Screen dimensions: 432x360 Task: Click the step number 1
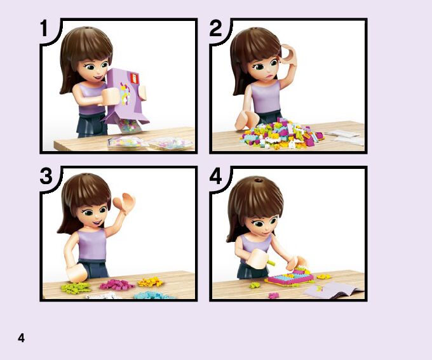44,28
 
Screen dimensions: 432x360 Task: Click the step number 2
215,29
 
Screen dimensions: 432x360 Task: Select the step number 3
46,177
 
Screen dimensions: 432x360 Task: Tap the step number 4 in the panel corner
216,177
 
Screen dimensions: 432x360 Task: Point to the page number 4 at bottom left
21,338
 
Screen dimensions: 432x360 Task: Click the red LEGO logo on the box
134,78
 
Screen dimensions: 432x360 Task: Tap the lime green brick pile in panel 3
76,288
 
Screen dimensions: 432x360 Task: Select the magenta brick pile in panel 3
117,284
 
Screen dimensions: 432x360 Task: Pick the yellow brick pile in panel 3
151,281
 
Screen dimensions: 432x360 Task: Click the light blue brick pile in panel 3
153,295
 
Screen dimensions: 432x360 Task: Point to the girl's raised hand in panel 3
124,203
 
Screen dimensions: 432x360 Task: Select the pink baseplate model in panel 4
289,276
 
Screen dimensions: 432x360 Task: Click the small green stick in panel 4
271,263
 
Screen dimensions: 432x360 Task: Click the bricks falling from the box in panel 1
129,126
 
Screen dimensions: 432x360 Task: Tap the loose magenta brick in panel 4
274,295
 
